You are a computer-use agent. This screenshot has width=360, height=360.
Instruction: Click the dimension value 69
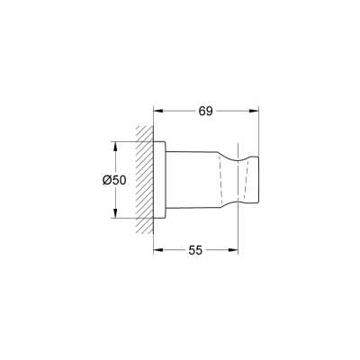click(205, 111)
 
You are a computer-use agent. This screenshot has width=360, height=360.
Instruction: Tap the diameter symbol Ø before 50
click(107, 180)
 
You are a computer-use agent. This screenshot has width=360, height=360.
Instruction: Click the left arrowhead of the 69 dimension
click(158, 112)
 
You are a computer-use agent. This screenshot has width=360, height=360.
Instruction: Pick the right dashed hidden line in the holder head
click(245, 180)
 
